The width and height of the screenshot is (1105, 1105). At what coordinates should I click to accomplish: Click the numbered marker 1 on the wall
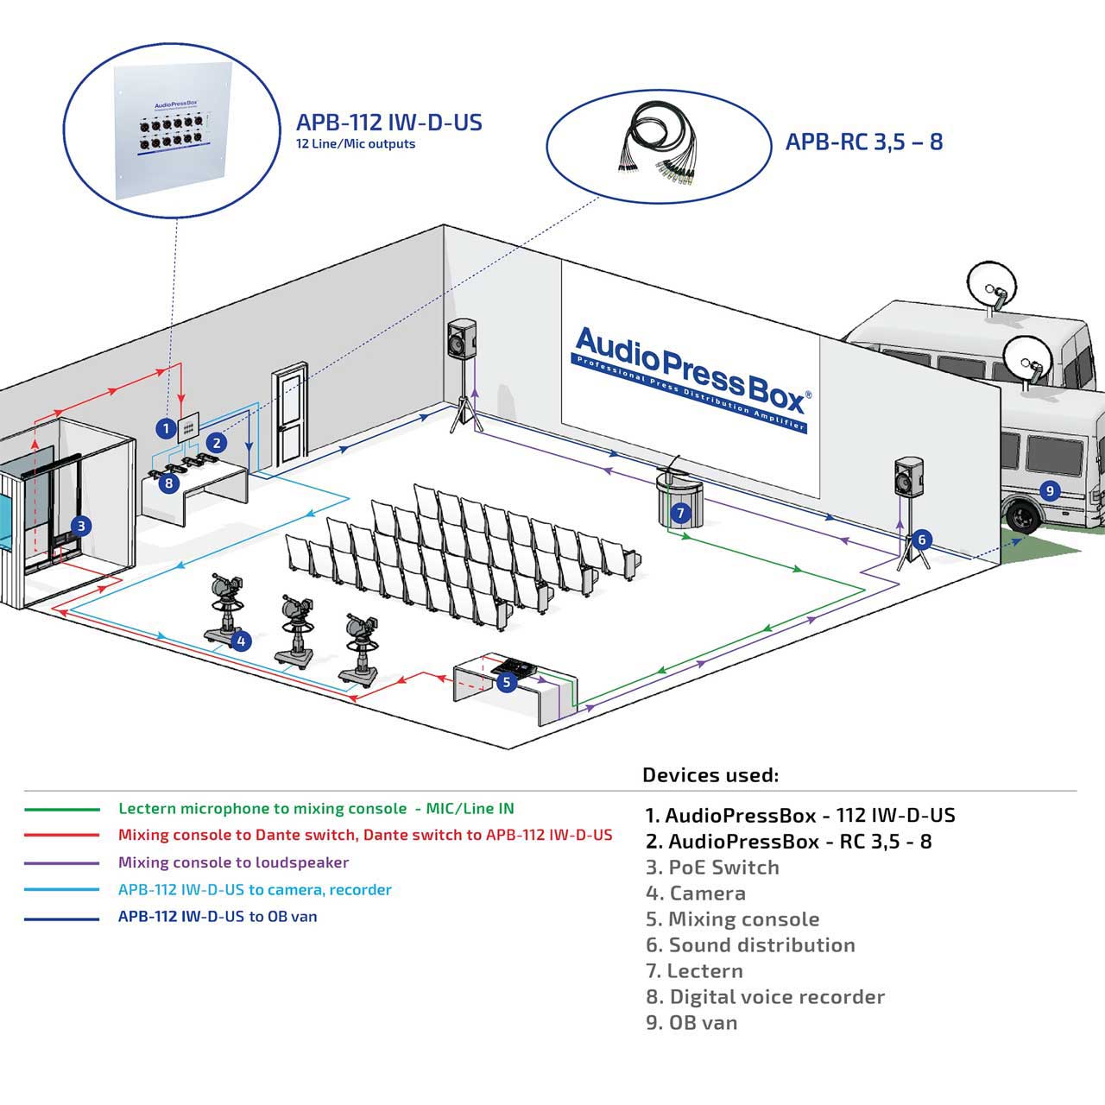pos(167,428)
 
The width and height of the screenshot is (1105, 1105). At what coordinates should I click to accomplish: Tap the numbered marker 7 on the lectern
pos(680,512)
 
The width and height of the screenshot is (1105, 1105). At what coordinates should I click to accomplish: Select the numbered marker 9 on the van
pos(1050,491)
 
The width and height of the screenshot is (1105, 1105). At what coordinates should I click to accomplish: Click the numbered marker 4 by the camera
pos(241,641)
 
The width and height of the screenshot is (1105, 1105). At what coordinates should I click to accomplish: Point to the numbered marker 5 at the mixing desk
pos(507,682)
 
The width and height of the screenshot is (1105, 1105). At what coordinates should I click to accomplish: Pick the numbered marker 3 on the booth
pos(81,526)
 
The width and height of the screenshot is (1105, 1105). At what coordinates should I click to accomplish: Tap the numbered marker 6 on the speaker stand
pos(921,540)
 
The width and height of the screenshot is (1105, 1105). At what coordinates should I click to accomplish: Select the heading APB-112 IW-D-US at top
pos(388,122)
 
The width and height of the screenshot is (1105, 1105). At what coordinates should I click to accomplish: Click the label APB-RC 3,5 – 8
pos(863,142)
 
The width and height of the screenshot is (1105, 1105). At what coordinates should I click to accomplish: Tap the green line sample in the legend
pos(62,810)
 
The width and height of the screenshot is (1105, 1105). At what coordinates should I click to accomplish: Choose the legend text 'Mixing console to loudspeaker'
pos(233,862)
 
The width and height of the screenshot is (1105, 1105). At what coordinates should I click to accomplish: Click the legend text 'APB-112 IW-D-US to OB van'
pos(218,916)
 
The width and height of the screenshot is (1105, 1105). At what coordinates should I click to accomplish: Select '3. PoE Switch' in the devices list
pos(712,867)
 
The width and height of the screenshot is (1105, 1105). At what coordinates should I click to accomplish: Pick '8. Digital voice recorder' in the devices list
pos(765,996)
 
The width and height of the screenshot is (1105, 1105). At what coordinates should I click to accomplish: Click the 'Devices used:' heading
pos(710,775)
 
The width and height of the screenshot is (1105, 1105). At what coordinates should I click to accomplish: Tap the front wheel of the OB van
pos(1022,516)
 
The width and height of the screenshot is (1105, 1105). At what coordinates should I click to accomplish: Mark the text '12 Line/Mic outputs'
pos(356,144)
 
